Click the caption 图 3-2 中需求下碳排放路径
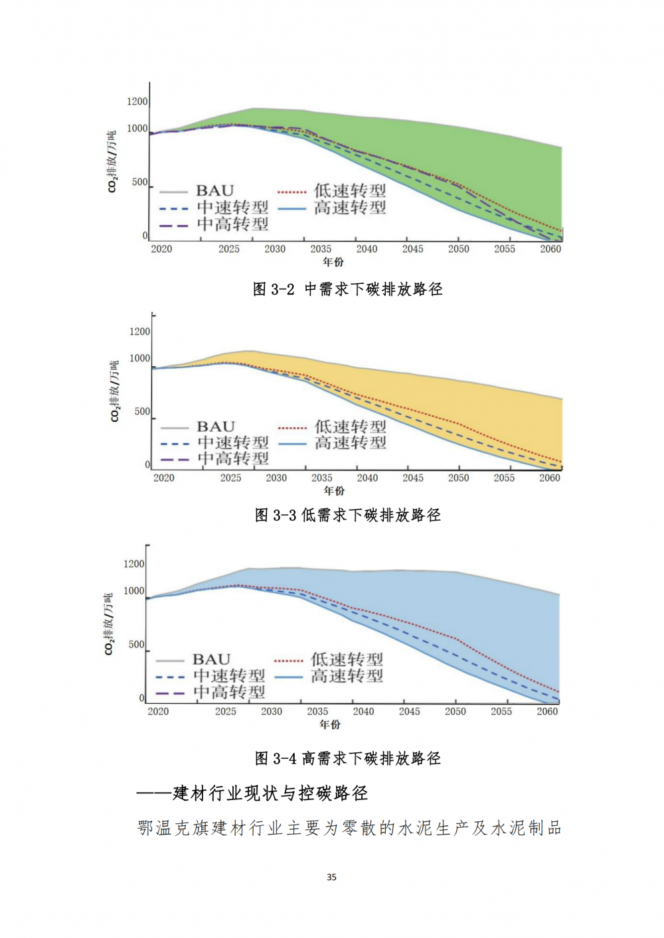[347, 289]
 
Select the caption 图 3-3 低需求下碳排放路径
[347, 515]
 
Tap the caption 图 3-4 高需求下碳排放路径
[347, 758]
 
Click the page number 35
[331, 877]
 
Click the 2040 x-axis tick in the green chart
[367, 249]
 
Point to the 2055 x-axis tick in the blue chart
[501, 712]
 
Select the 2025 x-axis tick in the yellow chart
[230, 478]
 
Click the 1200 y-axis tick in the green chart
[137, 101]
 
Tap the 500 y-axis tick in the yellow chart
[142, 411]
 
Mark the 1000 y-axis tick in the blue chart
[134, 591]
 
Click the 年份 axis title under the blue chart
[330, 725]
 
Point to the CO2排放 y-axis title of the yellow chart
[115, 391]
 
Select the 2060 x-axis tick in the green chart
[550, 249]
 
